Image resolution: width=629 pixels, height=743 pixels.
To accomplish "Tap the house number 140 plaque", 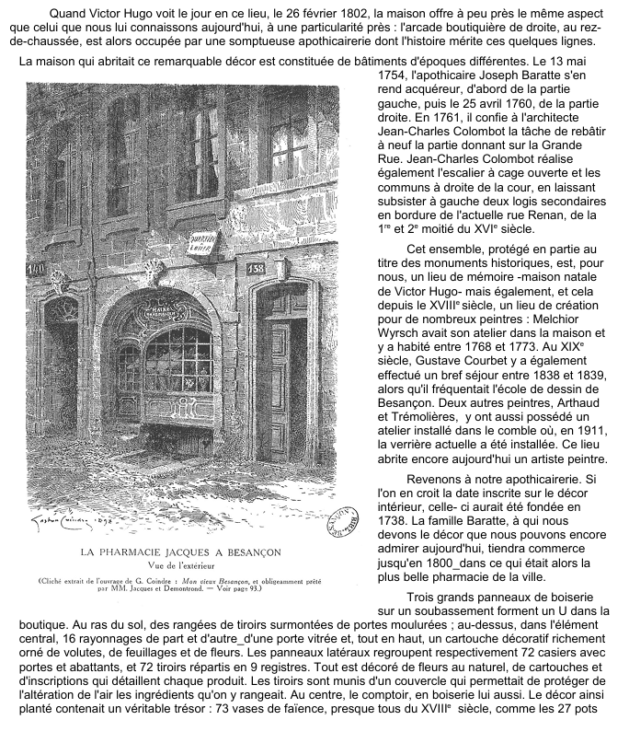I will [37, 269].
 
